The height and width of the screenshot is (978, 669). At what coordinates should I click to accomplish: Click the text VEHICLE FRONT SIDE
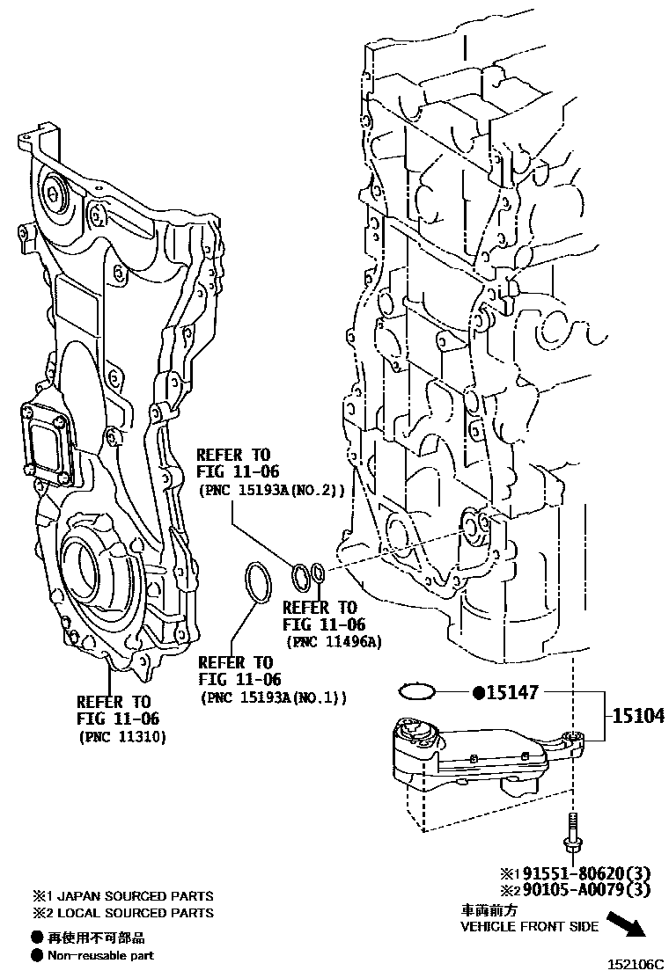tap(530, 926)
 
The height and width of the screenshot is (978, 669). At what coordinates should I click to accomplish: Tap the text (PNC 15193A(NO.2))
tap(271, 489)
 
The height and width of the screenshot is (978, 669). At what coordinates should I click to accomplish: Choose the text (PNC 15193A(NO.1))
tap(273, 697)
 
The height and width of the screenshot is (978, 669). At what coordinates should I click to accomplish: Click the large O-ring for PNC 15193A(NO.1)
tap(256, 582)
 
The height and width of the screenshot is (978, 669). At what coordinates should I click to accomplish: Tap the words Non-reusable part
tap(100, 954)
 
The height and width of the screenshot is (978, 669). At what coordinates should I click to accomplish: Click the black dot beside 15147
tap(479, 693)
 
